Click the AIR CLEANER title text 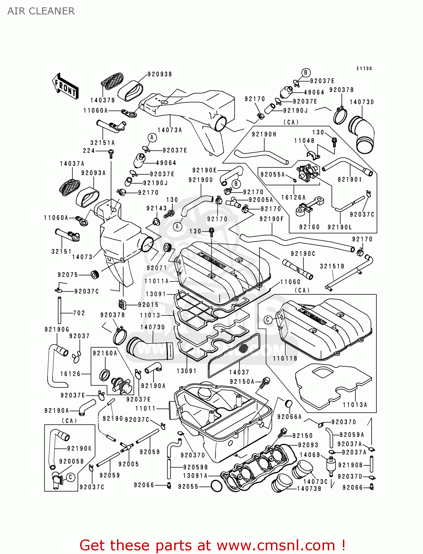coord(41,11)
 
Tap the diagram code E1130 coord(364,68)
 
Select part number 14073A coord(169,130)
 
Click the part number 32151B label coord(332,266)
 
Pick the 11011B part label coord(285,358)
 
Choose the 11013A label coord(355,405)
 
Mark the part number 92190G coord(57,329)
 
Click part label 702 coord(79,313)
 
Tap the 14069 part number coord(310,455)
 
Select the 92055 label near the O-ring coord(188,487)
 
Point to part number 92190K coord(79,448)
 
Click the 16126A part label coord(293,198)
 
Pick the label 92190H coord(264,134)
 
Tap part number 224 coord(89,151)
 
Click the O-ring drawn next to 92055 coord(216,486)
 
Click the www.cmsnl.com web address coord(276,545)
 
